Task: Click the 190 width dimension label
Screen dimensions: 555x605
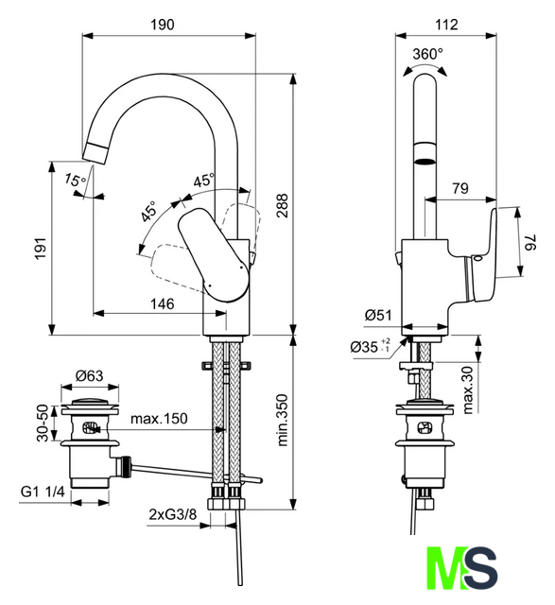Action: pos(162,25)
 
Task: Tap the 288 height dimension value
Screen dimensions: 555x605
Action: pos(283,206)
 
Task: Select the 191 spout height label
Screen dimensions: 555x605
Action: pos(41,249)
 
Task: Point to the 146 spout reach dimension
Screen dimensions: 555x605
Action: pos(162,304)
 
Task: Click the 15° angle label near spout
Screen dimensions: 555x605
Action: pos(75,180)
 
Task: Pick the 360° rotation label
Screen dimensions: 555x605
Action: pos(427,54)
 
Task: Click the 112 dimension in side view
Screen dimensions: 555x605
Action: pos(446,25)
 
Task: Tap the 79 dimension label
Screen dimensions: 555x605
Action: pos(460,188)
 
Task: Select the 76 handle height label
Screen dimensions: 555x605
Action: pos(531,242)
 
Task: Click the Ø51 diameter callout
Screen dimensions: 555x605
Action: pos(378,315)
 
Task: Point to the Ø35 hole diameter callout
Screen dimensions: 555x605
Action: pos(370,347)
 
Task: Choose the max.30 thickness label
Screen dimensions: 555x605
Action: pos(467,389)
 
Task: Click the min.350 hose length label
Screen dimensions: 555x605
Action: pos(283,420)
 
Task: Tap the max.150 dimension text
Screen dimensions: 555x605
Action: pos(159,418)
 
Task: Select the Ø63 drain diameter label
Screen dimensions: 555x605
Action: pos(90,375)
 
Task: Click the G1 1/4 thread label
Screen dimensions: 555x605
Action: pos(43,492)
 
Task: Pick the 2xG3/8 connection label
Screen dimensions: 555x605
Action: pos(172,514)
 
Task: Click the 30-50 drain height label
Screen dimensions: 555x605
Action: pos(43,423)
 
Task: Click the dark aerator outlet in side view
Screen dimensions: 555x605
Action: pos(425,162)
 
